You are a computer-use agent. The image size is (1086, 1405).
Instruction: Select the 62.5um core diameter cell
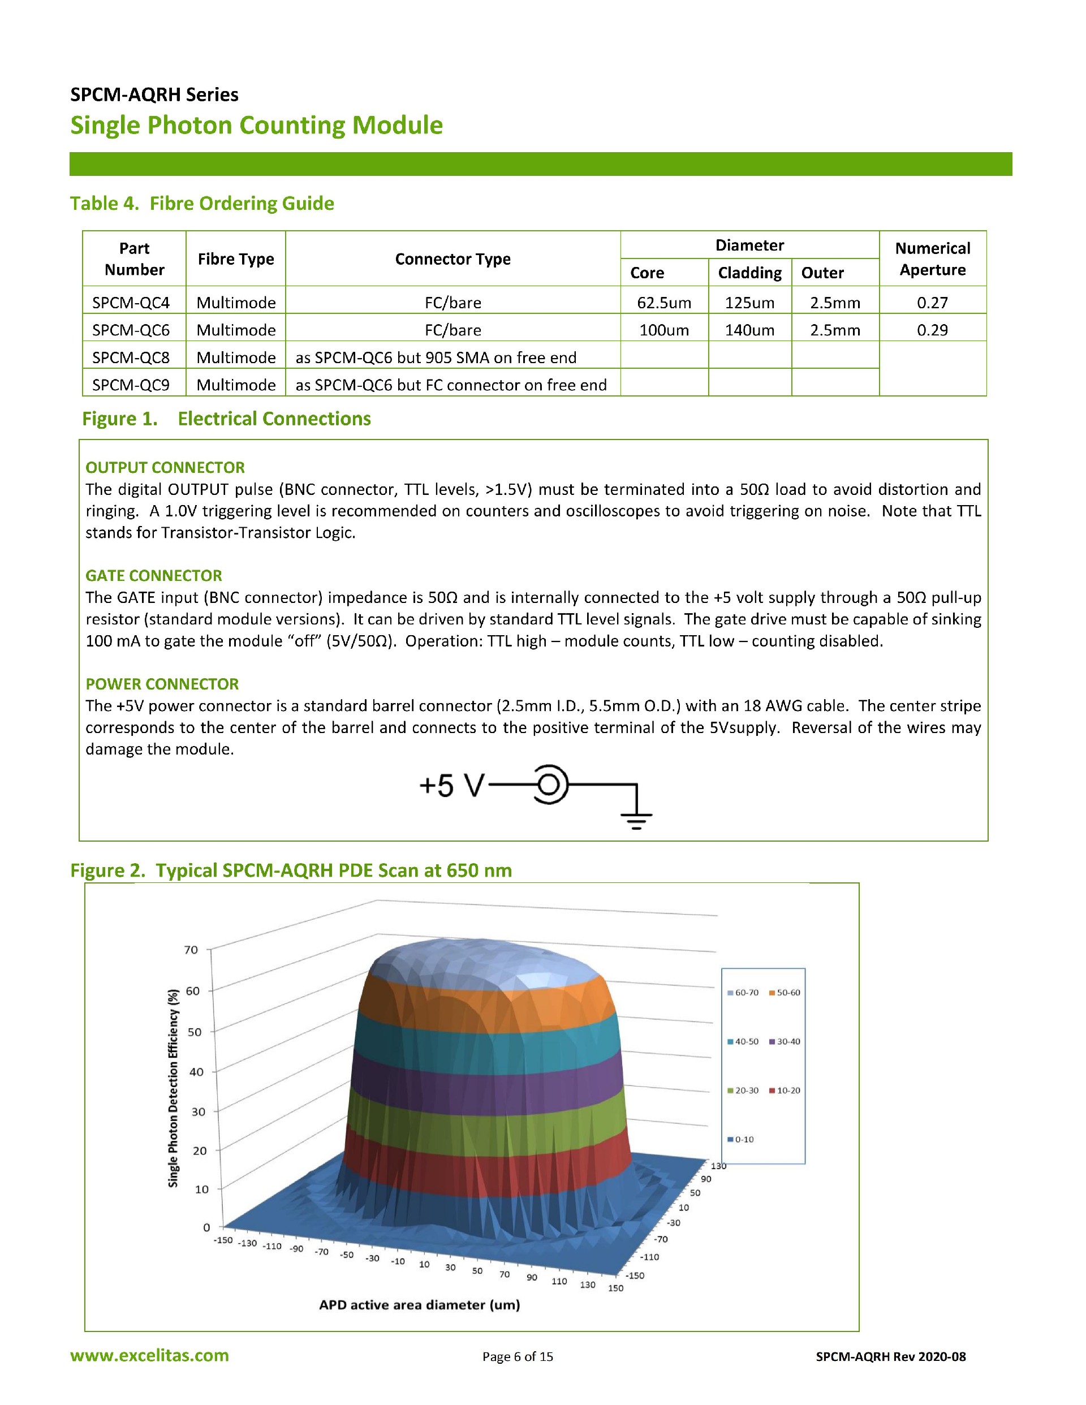click(x=664, y=303)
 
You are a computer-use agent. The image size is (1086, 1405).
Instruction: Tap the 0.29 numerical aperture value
click(x=932, y=330)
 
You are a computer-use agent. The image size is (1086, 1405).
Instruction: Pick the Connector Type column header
click(x=453, y=258)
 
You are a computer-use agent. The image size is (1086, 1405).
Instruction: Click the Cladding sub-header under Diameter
click(x=749, y=273)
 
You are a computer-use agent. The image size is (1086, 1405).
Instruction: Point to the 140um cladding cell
click(x=749, y=330)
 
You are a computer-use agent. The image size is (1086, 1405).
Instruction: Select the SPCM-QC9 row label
click(x=131, y=385)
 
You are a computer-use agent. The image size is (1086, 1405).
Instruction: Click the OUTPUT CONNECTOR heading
click(x=165, y=467)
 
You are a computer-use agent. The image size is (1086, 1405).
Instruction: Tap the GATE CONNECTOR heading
click(x=154, y=575)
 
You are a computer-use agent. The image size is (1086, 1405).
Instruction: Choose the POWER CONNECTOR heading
click(x=162, y=683)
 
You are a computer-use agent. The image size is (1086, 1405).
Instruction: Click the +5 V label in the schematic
click(x=450, y=786)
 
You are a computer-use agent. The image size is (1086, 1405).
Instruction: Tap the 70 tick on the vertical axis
click(x=191, y=950)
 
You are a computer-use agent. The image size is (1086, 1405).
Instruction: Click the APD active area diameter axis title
click(x=420, y=1305)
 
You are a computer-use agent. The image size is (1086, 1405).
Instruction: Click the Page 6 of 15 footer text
click(x=518, y=1357)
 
